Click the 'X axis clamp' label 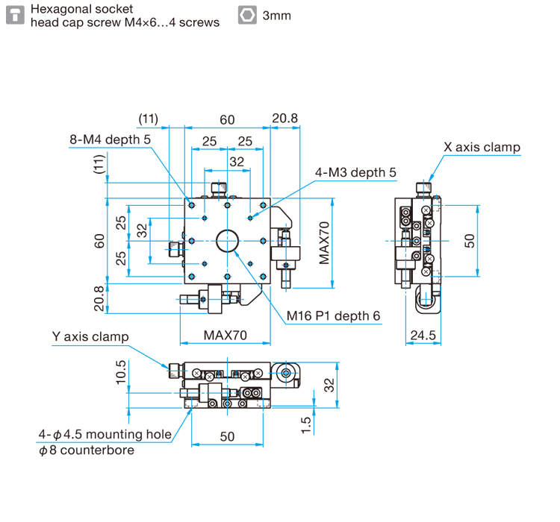(x=482, y=147)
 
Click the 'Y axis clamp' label (x=90, y=336)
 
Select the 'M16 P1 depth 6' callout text (x=334, y=315)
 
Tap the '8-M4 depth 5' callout (x=110, y=139)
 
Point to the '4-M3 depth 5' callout (x=355, y=172)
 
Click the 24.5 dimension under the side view (x=422, y=335)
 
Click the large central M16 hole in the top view (x=227, y=240)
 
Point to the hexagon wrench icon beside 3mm (x=246, y=15)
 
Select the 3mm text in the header (x=277, y=16)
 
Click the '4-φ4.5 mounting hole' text (x=105, y=434)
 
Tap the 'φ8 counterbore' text (x=86, y=450)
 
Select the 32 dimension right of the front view (x=329, y=384)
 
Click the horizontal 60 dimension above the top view (x=227, y=119)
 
